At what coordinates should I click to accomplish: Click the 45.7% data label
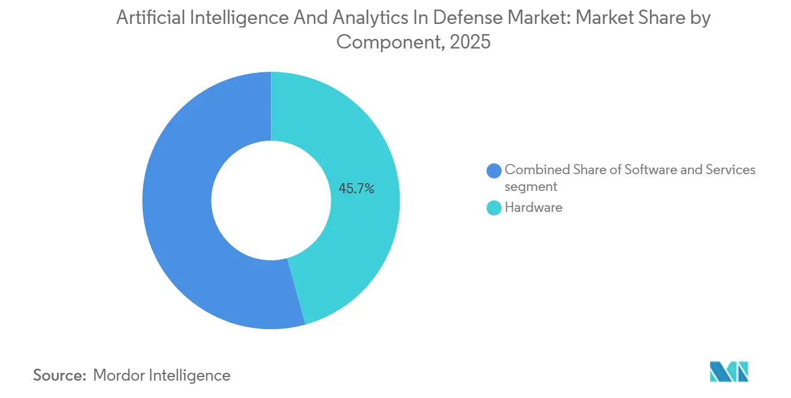coord(356,189)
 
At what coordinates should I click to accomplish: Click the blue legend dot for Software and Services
coord(494,171)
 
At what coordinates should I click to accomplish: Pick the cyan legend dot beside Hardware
coord(494,208)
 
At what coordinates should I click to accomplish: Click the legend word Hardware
coord(533,208)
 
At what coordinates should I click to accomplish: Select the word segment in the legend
coord(531,187)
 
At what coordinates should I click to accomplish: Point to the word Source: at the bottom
coord(59,375)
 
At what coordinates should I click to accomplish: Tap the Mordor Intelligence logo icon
coord(729,372)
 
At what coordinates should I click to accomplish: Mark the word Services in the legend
coord(730,170)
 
